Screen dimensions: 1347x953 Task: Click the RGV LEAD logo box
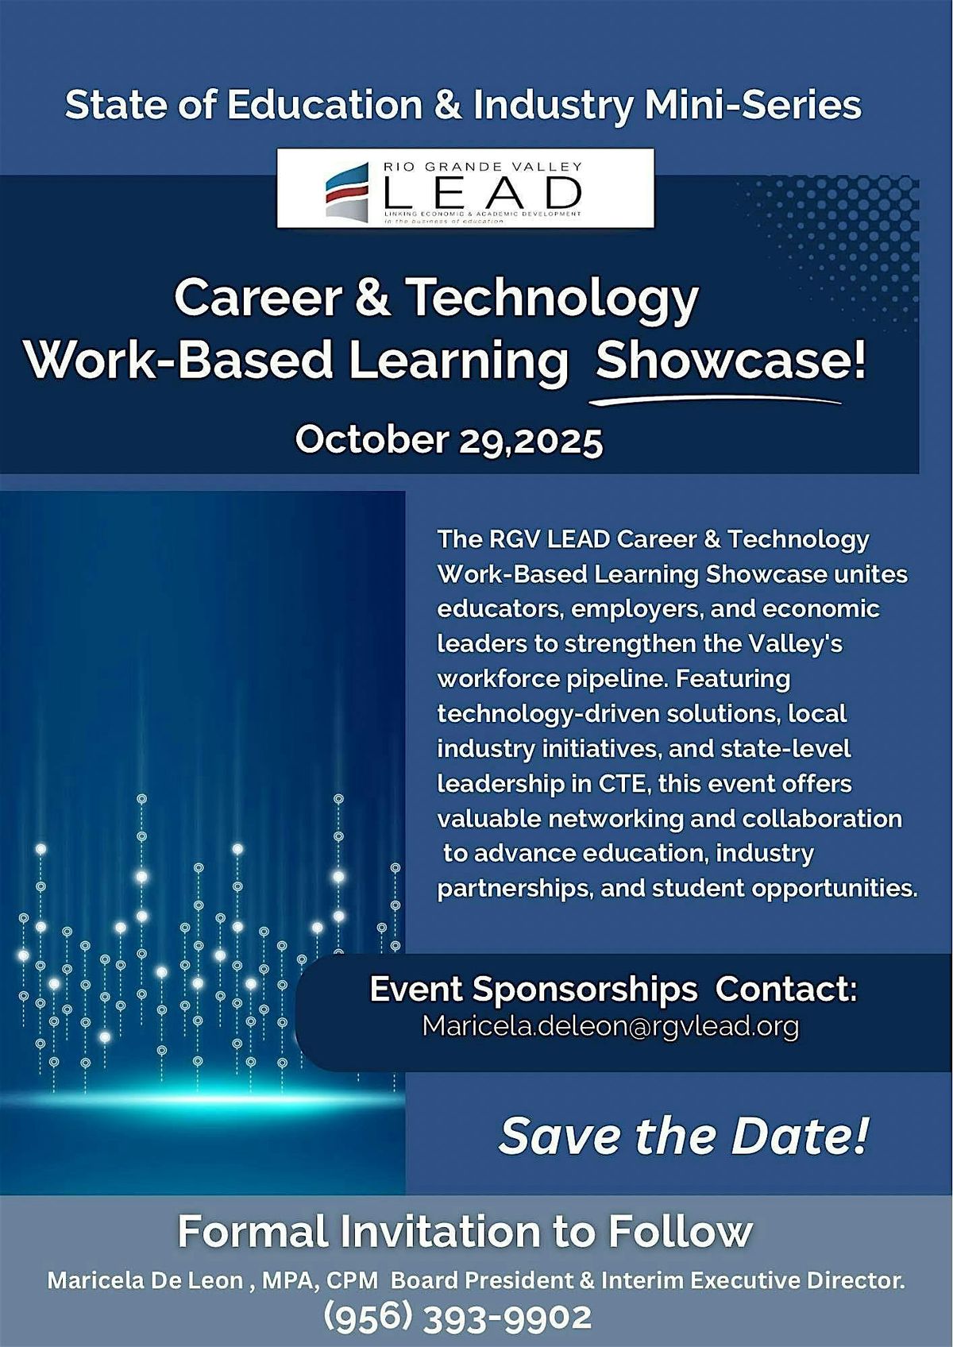click(465, 188)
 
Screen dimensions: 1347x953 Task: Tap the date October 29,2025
click(449, 439)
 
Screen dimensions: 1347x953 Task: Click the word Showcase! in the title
click(731, 361)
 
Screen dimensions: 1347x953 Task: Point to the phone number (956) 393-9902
click(457, 1317)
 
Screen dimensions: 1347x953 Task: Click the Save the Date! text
click(684, 1136)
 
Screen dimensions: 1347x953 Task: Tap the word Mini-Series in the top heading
click(753, 106)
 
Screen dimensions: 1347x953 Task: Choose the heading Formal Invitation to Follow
click(465, 1232)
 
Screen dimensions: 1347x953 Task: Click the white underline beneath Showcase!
click(715, 401)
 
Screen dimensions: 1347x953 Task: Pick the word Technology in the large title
click(553, 298)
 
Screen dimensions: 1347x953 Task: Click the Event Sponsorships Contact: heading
click(613, 990)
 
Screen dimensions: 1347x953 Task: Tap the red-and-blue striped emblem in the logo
click(348, 191)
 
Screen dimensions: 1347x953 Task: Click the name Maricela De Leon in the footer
click(145, 1280)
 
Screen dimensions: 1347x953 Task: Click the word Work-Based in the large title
click(179, 361)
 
